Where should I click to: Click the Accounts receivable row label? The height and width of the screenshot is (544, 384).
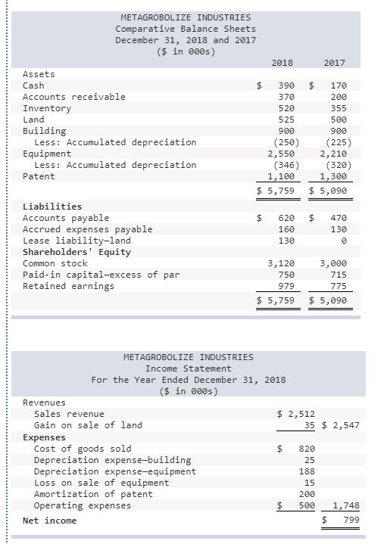[x=74, y=97]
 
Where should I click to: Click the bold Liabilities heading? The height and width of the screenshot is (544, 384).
[x=52, y=207]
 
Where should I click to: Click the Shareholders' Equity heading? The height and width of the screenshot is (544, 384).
[x=76, y=252]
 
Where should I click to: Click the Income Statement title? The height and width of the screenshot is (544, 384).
[x=188, y=368]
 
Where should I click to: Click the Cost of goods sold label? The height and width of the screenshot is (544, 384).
[x=83, y=449]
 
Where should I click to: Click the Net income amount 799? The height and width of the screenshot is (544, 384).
[x=348, y=521]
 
